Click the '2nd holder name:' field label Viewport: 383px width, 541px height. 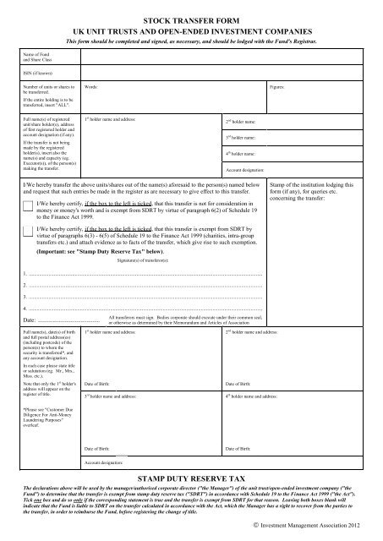point(243,121)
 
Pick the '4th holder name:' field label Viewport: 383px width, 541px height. point(243,154)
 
